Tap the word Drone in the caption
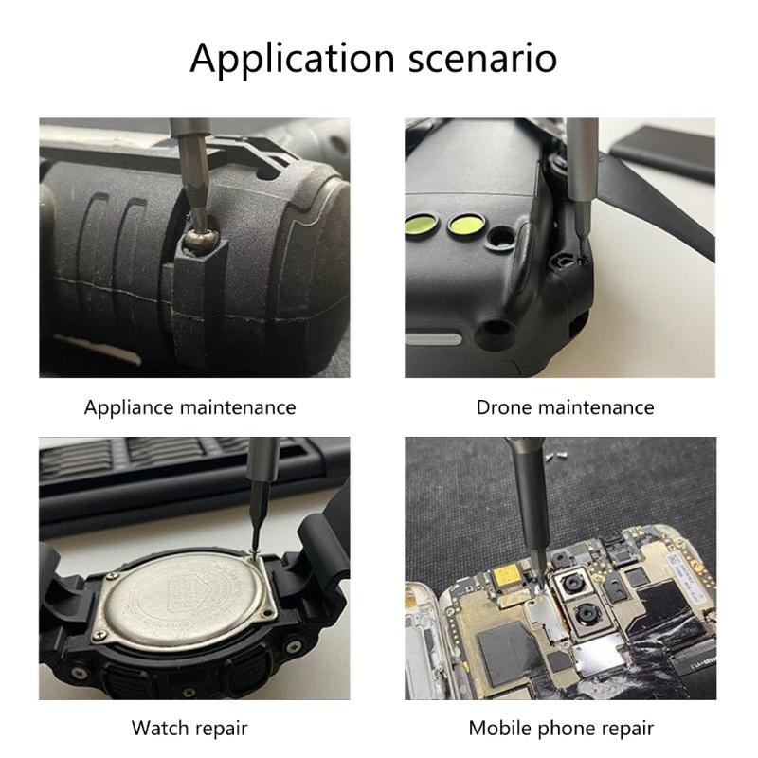(503, 407)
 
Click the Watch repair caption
(189, 728)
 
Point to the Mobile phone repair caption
(560, 728)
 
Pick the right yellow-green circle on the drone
(463, 225)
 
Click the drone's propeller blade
(663, 213)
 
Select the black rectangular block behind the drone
(664, 142)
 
